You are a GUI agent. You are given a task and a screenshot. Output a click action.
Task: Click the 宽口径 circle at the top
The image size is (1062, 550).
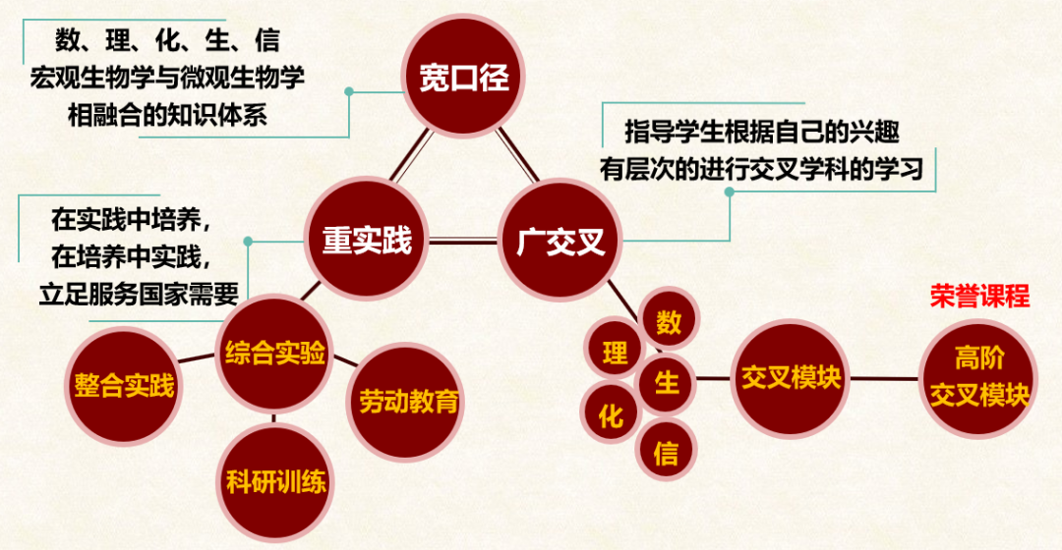[464, 78]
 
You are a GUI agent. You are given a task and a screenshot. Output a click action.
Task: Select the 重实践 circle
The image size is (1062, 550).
[367, 241]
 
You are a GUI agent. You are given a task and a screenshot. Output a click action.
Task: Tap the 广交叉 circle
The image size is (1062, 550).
[560, 241]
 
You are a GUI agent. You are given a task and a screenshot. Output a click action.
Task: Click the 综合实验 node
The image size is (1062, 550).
[274, 353]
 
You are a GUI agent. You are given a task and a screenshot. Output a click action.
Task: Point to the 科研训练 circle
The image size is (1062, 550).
[275, 482]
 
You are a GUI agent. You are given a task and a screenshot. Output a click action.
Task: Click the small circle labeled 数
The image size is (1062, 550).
[669, 322]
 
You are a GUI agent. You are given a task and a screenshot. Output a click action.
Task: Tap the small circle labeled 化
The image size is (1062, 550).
[611, 415]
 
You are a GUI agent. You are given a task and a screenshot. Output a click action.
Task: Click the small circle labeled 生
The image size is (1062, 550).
[668, 382]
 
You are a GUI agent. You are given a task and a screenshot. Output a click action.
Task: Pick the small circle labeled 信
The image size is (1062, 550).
[666, 451]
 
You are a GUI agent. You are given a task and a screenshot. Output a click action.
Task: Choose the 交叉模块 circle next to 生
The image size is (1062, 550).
[792, 378]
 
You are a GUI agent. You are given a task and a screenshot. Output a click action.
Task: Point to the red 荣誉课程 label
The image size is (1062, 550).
[979, 298]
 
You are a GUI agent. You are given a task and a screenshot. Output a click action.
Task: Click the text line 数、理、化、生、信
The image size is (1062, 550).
[166, 41]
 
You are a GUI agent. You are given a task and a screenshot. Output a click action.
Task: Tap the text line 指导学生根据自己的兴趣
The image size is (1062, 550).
[762, 131]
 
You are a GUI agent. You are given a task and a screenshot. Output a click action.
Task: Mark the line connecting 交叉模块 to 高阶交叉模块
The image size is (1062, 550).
[885, 378]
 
